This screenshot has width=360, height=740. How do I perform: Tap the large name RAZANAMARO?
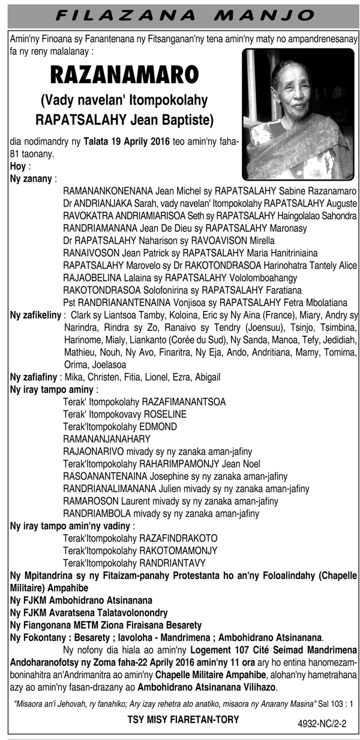tap(124, 75)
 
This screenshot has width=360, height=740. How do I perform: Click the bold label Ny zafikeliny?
tap(35, 315)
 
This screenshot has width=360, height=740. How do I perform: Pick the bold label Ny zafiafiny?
tap(34, 378)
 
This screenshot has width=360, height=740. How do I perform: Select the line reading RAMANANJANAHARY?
tap(106, 439)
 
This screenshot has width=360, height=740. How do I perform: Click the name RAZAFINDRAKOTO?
tap(178, 538)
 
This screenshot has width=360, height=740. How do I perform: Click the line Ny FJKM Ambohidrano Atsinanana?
tap(81, 600)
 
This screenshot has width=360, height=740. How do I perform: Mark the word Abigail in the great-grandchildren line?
tap(205, 378)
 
